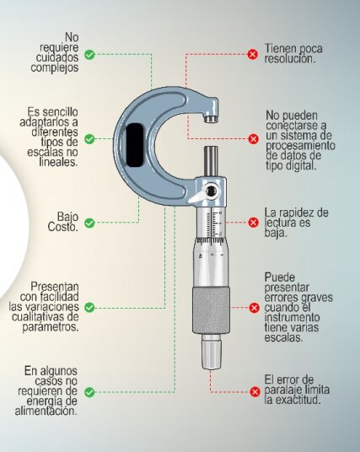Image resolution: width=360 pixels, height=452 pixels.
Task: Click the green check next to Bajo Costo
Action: (x=89, y=223)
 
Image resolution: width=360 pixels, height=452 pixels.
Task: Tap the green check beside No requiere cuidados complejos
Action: (x=89, y=55)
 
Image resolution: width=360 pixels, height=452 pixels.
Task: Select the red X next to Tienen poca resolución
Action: (x=253, y=54)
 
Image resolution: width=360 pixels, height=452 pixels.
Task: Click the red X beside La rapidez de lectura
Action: (x=254, y=223)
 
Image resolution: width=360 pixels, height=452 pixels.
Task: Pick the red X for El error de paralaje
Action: (x=255, y=392)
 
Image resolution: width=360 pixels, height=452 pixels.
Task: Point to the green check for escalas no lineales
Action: (x=89, y=139)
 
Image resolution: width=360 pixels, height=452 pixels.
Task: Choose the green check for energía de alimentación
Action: (x=89, y=392)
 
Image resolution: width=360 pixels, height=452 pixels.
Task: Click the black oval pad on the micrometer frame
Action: (x=135, y=145)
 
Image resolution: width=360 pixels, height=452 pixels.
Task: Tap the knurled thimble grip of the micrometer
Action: (x=212, y=310)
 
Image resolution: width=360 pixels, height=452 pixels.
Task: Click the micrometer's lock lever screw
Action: (x=212, y=191)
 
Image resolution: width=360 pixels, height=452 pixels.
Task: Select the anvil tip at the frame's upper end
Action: (x=211, y=119)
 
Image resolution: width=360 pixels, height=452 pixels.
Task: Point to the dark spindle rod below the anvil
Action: (x=211, y=161)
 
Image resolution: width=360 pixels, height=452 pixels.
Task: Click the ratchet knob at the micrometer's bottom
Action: (x=212, y=354)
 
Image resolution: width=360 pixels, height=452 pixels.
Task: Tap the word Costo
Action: (x=63, y=227)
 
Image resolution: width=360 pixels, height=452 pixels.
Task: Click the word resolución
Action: (x=290, y=59)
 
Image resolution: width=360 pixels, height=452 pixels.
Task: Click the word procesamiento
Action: (x=300, y=146)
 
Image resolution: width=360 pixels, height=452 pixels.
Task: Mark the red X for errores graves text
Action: (x=254, y=308)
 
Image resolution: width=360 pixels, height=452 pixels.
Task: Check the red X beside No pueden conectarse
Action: (x=254, y=139)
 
